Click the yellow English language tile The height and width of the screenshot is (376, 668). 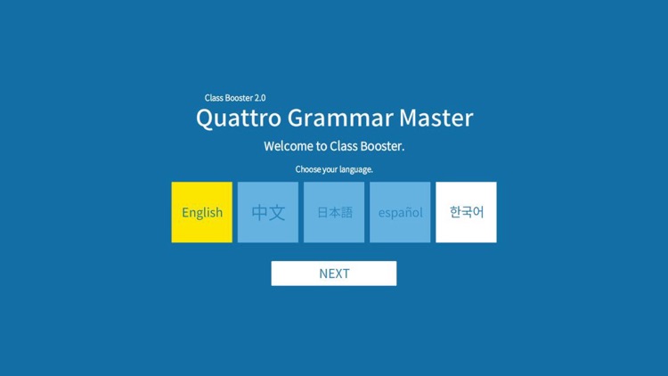(x=202, y=212)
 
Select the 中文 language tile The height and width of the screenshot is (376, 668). (x=268, y=212)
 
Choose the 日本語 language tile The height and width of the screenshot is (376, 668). (x=334, y=212)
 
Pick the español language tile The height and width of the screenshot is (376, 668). (x=400, y=212)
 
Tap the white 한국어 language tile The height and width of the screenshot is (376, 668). (x=466, y=212)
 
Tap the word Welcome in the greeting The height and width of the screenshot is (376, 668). (x=289, y=146)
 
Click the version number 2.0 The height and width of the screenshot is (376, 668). (x=259, y=98)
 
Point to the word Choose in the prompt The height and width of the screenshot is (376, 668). (x=308, y=169)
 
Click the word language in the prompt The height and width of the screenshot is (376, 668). (x=356, y=169)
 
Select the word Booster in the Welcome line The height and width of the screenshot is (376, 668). (x=381, y=146)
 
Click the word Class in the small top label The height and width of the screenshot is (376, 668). (x=214, y=98)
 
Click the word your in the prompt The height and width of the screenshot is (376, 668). (x=330, y=169)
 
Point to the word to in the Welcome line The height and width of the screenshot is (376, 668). (x=322, y=146)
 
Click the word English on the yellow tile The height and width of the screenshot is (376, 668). (x=202, y=212)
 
